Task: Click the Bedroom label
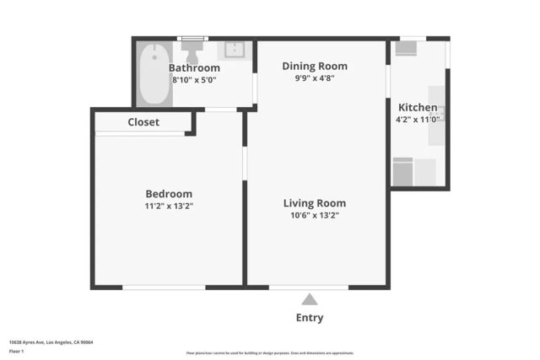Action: coord(169,193)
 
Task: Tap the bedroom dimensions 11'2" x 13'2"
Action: coord(169,206)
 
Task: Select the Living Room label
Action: coord(315,203)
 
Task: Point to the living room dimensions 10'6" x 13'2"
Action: coord(315,215)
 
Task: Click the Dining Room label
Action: coord(315,66)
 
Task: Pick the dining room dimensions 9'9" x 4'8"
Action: coord(315,78)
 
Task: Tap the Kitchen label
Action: coord(418,107)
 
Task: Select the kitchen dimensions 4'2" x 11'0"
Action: coord(418,120)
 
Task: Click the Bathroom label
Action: coord(194,67)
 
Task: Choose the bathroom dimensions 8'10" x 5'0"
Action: coord(194,79)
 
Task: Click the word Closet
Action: coord(143,122)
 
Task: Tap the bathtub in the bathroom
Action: coord(155,74)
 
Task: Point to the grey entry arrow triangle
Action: coord(310,299)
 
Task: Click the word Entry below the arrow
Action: coord(310,318)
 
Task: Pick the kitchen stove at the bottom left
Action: coord(402,171)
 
